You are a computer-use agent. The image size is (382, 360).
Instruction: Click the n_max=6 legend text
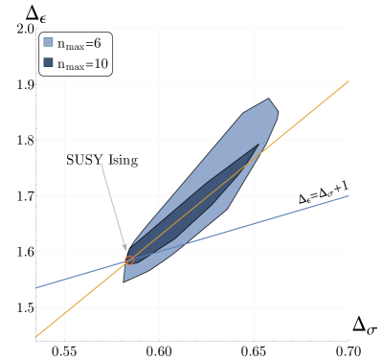(79, 43)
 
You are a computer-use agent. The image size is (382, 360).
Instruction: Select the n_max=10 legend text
(81, 64)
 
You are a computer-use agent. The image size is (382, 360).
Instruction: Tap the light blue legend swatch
(48, 42)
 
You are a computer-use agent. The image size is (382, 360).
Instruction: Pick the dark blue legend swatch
(48, 63)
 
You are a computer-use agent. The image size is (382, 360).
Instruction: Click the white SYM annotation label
(101, 160)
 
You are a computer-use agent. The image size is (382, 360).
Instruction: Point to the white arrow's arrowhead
(126, 251)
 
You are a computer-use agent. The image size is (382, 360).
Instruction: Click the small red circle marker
(128, 259)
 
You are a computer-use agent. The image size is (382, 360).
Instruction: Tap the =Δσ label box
(323, 193)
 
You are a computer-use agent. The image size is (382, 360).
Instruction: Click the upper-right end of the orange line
(348, 81)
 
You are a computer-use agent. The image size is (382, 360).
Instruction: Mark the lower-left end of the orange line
(36, 337)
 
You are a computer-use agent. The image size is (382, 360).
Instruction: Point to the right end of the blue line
(348, 195)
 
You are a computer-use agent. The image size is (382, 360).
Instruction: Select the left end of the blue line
(36, 287)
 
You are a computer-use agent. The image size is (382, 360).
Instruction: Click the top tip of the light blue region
(269, 99)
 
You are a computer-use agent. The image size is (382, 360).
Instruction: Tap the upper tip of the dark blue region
(258, 145)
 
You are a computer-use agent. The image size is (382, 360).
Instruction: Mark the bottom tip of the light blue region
(124, 281)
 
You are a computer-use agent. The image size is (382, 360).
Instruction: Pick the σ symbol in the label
(331, 194)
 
